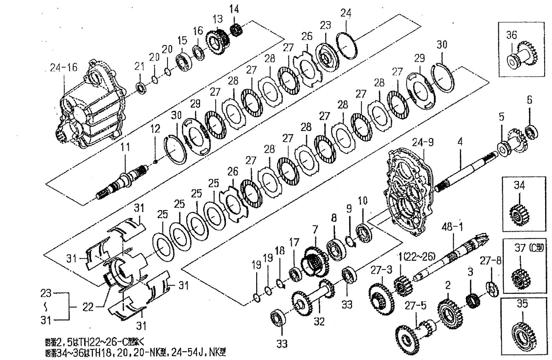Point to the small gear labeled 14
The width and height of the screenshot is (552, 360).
[236, 29]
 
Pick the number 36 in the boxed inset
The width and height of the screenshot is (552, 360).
[512, 34]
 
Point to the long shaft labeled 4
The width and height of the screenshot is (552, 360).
[465, 174]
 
